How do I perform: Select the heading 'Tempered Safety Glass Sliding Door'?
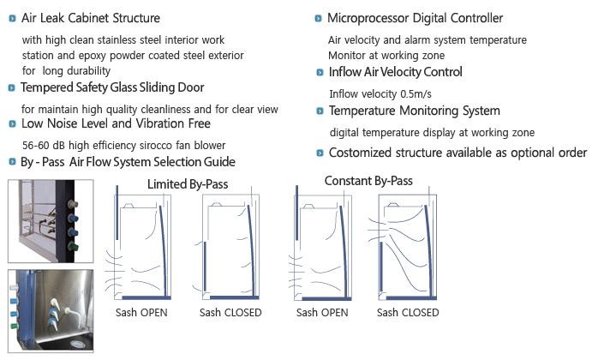112,87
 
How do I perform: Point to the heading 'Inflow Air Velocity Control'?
395,72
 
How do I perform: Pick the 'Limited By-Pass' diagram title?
188,183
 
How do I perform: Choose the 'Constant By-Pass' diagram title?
368,181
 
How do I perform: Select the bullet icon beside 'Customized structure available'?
319,153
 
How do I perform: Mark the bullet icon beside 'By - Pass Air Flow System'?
11,162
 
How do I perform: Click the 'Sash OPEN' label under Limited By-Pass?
141,312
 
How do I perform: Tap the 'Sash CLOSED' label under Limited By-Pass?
230,312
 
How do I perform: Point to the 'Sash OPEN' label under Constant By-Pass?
322,312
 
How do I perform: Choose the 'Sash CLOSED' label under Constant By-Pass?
408,312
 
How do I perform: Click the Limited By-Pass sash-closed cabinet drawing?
230,248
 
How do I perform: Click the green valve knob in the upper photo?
71,247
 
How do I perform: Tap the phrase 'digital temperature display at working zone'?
432,133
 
